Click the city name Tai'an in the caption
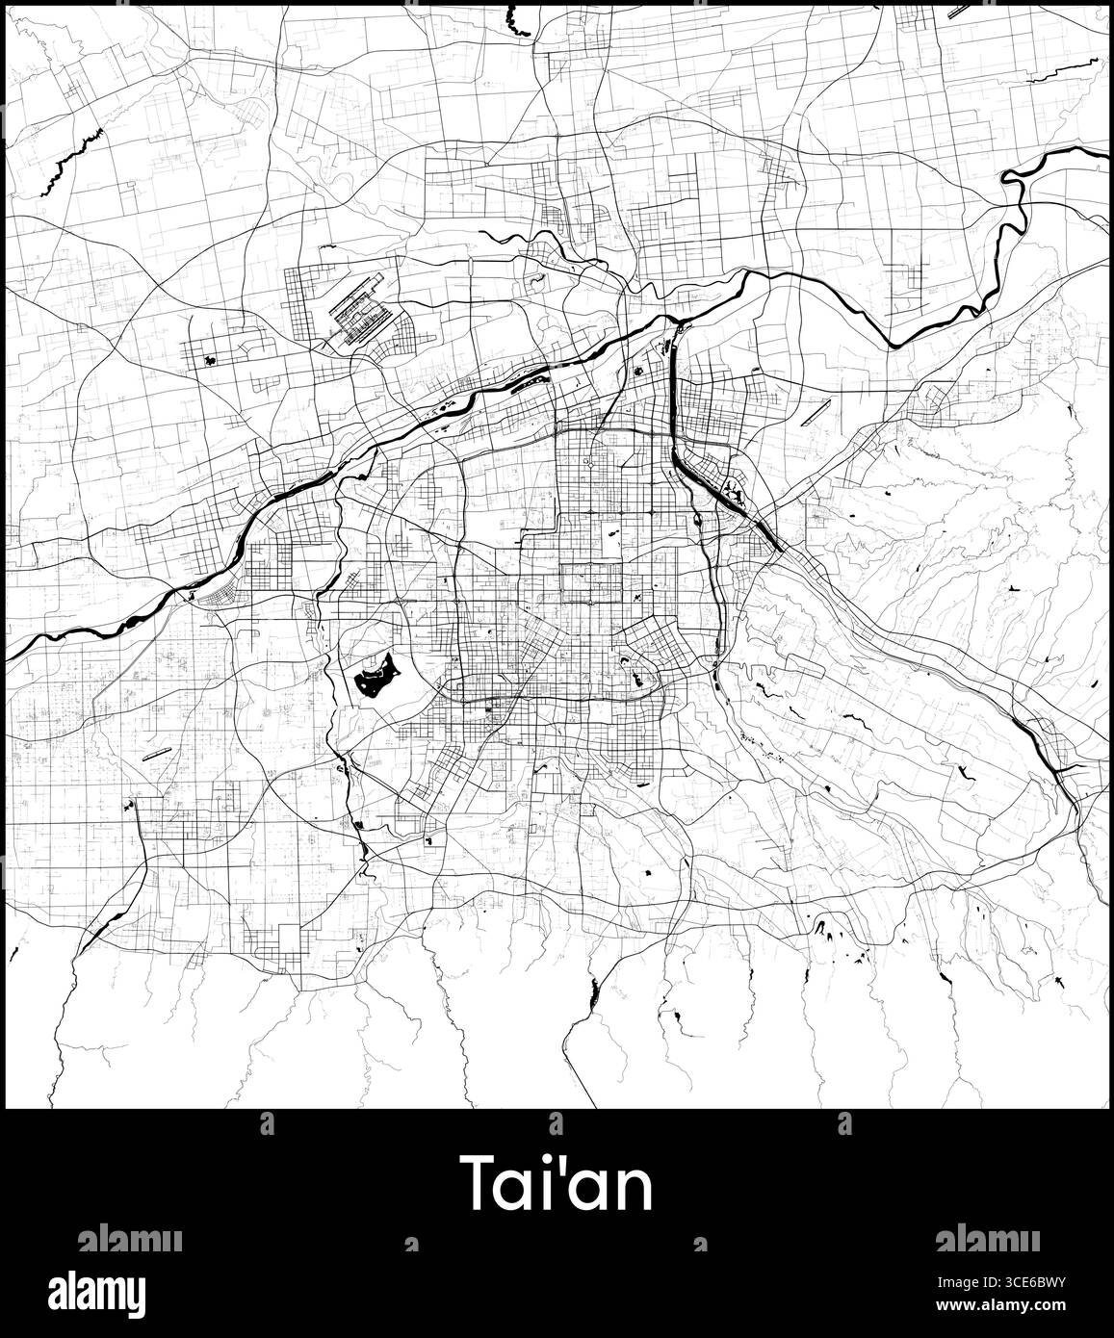(x=557, y=1183)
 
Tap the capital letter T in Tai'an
(x=481, y=1183)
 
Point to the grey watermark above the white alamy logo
(x=129, y=1238)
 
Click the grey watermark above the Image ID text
(x=986, y=1238)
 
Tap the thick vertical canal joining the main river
(x=672, y=395)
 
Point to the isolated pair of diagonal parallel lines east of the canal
(x=815, y=411)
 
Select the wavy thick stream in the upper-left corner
(x=72, y=154)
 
